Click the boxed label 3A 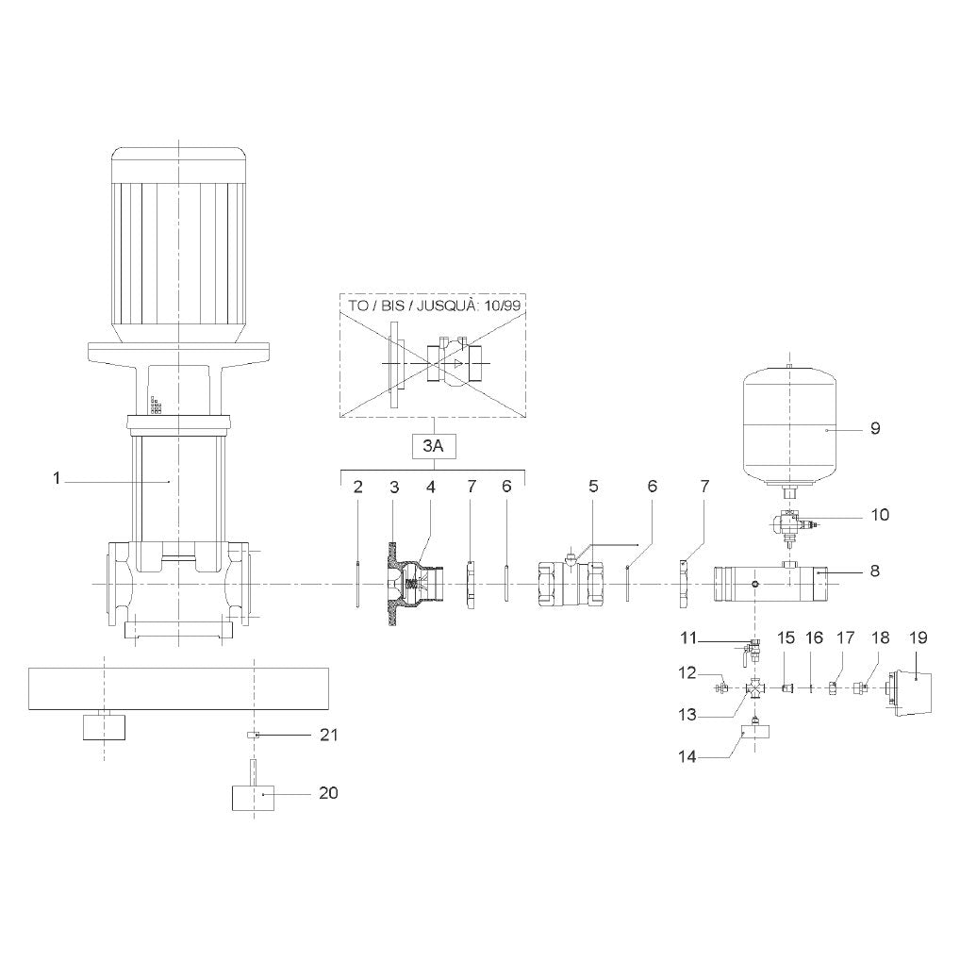click(433, 446)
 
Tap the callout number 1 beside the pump click(57, 478)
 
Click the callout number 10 click(880, 515)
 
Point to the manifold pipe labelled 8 click(770, 584)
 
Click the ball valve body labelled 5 click(568, 584)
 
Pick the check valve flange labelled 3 click(394, 584)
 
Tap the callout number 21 click(329, 734)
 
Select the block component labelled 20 click(253, 795)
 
